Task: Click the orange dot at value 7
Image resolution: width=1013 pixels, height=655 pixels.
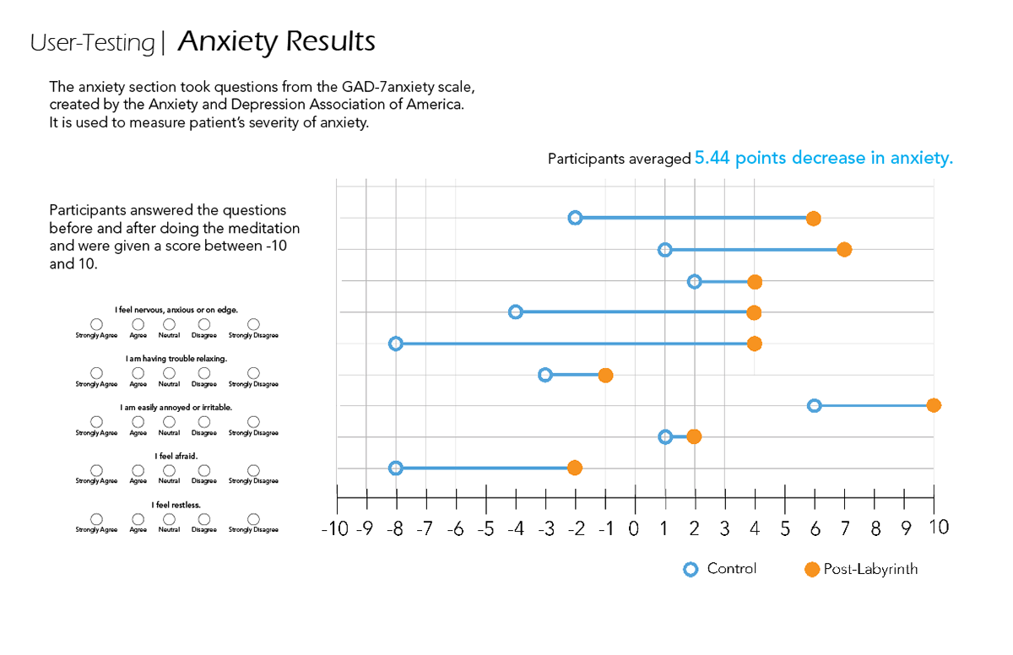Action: [844, 249]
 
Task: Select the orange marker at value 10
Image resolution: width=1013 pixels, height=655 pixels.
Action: [933, 405]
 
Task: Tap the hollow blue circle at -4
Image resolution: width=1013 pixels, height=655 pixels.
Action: [516, 312]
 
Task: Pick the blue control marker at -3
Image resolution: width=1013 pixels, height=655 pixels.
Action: [545, 375]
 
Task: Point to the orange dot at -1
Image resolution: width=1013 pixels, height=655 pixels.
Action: [605, 375]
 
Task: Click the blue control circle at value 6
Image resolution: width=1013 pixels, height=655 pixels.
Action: [814, 405]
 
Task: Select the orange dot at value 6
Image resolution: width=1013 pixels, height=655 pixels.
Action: [813, 219]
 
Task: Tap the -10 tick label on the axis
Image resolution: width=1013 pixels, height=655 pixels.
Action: [336, 529]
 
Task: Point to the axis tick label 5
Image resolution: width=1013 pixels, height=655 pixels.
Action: [785, 529]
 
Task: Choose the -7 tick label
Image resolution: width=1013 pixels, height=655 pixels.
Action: [425, 529]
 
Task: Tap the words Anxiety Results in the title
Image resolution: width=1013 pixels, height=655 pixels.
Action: [277, 41]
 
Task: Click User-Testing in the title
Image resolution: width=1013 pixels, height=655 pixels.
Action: [93, 42]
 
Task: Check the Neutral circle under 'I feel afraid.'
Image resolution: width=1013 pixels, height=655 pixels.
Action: [169, 470]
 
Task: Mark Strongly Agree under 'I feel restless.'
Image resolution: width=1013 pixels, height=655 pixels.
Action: [96, 519]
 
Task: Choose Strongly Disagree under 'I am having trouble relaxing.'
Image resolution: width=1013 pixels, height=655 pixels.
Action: [253, 372]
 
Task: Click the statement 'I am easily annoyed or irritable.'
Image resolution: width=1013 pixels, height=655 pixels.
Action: [176, 407]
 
